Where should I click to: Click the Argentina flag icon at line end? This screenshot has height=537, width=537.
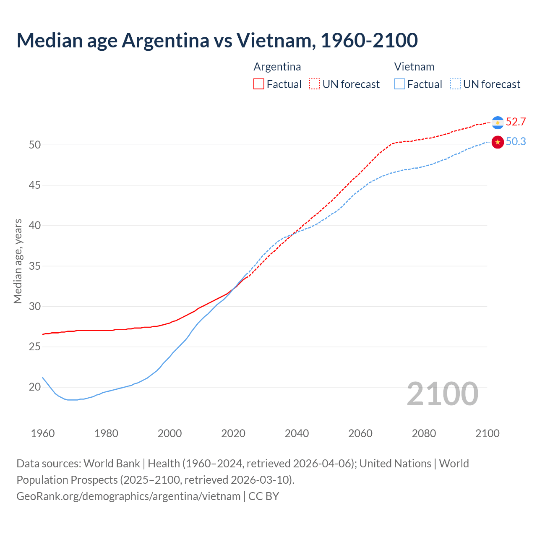[x=498, y=123]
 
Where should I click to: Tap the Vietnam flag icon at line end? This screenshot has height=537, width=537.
[x=498, y=142]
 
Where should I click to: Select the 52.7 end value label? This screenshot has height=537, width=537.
[x=516, y=122]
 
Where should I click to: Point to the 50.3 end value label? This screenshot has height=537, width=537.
[x=516, y=142]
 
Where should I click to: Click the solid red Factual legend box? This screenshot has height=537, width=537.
[x=259, y=84]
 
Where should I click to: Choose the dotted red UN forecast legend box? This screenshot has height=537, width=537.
[x=315, y=84]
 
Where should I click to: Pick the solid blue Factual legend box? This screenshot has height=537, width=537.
[x=400, y=84]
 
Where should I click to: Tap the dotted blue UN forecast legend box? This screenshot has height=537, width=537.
[x=456, y=84]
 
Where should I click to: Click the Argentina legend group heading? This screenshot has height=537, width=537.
[x=277, y=67]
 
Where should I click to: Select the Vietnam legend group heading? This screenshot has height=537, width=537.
[x=414, y=67]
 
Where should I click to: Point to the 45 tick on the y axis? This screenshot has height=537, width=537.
[x=35, y=185]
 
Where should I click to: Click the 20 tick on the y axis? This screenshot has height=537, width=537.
[x=35, y=387]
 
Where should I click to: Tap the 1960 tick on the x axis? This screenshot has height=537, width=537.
[x=43, y=433]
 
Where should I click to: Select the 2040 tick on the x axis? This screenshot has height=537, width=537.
[x=297, y=433]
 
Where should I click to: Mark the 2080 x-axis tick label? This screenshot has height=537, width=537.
[x=424, y=433]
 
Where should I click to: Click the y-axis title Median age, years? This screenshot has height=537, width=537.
[x=18, y=261]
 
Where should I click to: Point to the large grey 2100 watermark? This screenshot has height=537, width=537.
[x=443, y=394]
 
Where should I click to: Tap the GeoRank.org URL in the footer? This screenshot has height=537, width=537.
[x=128, y=496]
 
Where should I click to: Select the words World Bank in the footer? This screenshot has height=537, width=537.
[x=112, y=464]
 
